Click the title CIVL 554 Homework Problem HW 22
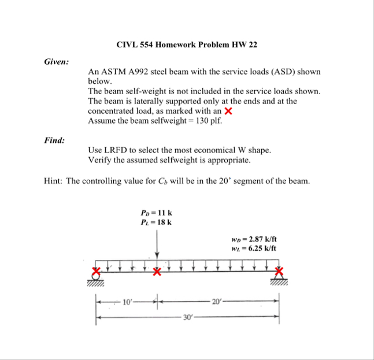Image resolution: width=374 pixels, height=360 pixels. tap(187, 44)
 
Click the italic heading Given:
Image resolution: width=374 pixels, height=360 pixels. tap(57, 61)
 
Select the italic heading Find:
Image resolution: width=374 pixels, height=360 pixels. tap(54, 140)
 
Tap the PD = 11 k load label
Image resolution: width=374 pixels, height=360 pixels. tap(156, 213)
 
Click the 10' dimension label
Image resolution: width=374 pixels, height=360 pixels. tap(127, 301)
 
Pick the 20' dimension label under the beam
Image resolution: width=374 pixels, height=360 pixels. tap(216, 301)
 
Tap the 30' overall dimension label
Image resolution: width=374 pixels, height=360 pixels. tap(187, 317)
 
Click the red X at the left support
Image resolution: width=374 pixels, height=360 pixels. tap(98, 271)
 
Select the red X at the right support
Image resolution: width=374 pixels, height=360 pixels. tap(279, 271)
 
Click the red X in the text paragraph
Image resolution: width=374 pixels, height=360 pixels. tap(228, 111)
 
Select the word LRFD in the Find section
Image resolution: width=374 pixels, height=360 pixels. tap(118, 150)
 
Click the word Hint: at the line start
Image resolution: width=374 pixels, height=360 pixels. tap(54, 180)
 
